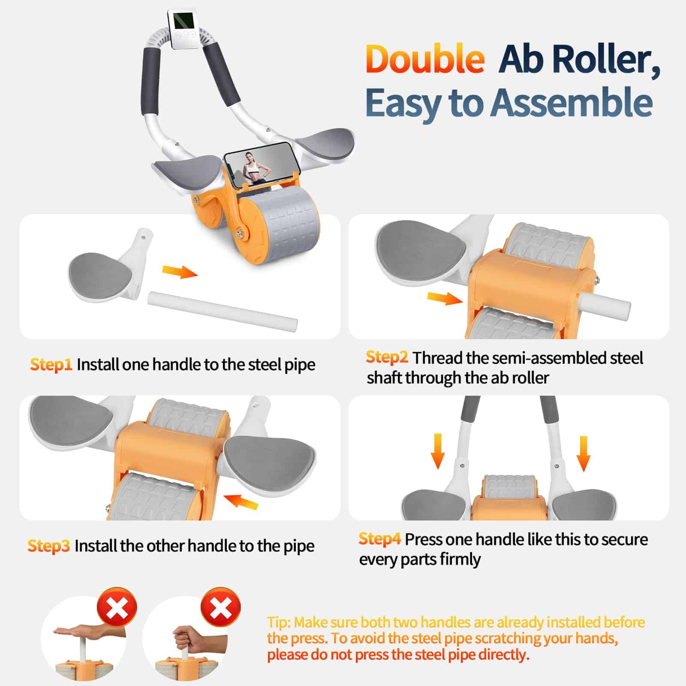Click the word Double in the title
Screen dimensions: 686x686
click(425, 59)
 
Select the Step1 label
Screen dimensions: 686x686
click(51, 365)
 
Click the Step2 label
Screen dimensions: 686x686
click(387, 358)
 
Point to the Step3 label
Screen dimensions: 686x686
click(48, 546)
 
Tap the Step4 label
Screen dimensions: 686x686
click(380, 539)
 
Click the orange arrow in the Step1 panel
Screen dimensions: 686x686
click(180, 271)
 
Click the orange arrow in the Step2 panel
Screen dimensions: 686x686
click(445, 298)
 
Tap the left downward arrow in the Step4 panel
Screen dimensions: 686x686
click(437, 451)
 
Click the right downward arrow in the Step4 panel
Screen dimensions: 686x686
click(584, 454)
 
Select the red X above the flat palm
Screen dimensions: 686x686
click(117, 608)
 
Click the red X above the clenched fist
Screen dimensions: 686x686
click(220, 607)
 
